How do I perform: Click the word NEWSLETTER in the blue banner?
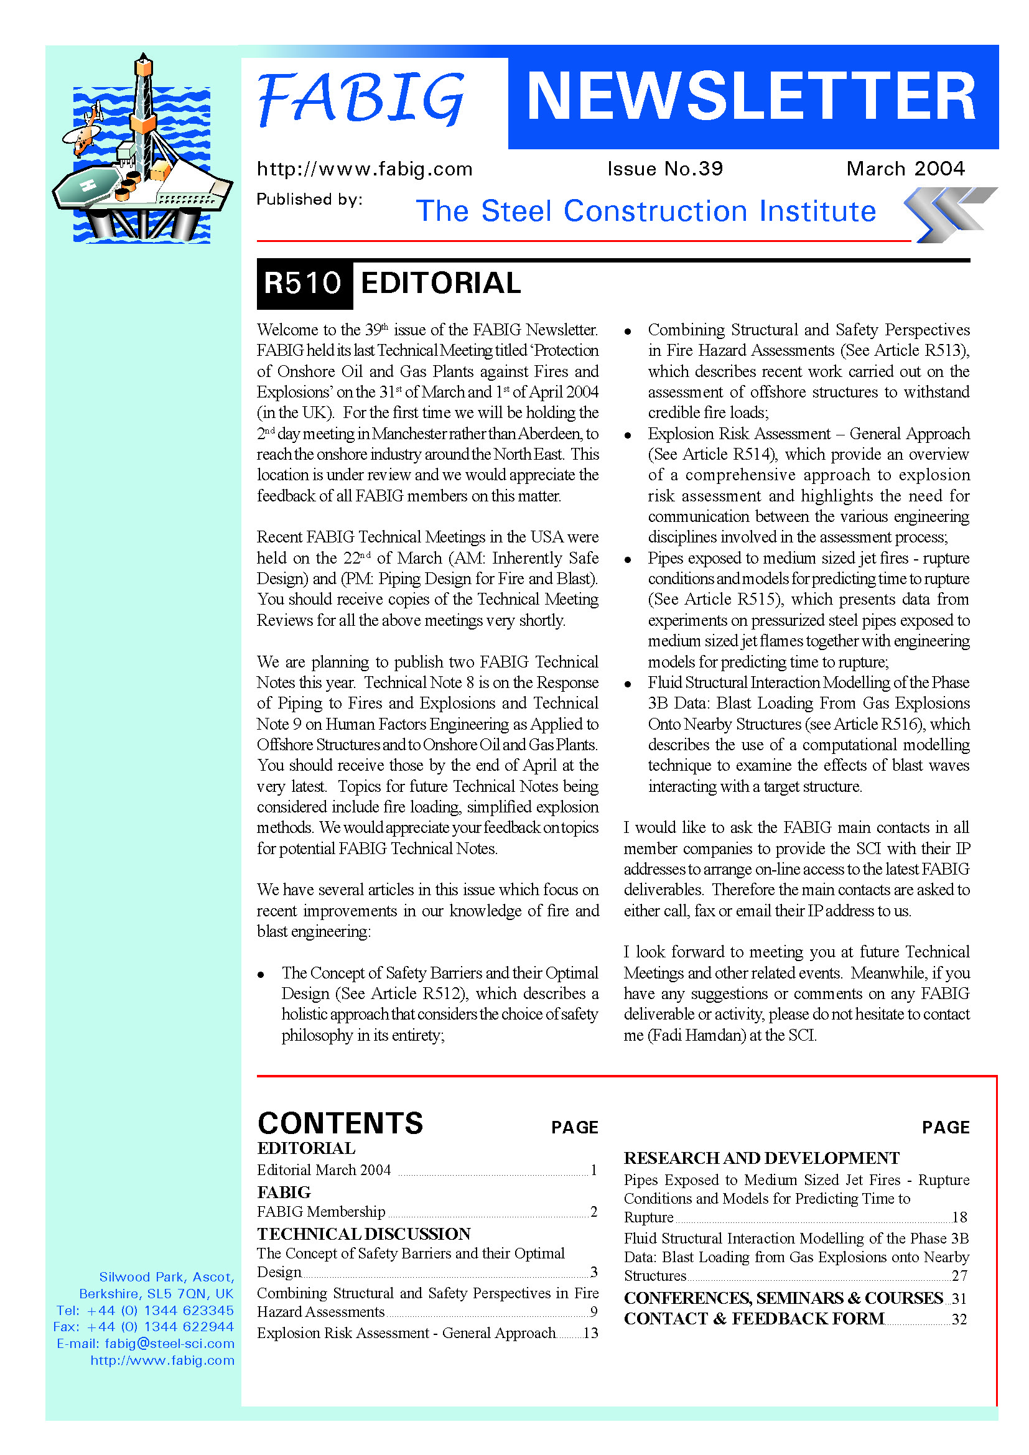point(752,96)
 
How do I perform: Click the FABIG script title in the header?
point(361,98)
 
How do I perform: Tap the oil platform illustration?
point(143,152)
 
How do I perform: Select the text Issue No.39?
point(664,169)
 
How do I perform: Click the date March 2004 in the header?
point(905,169)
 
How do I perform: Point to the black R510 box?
point(304,283)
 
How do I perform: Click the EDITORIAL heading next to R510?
point(440,283)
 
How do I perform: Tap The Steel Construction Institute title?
point(646,211)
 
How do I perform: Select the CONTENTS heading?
point(340,1123)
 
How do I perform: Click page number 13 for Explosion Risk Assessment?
point(590,1333)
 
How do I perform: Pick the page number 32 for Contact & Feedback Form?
point(959,1319)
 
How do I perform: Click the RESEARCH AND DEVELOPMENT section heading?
point(761,1158)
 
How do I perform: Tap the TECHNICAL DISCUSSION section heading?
point(364,1234)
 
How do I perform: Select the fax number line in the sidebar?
point(144,1327)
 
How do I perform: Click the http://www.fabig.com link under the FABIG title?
point(365,169)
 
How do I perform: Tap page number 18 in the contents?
point(959,1217)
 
